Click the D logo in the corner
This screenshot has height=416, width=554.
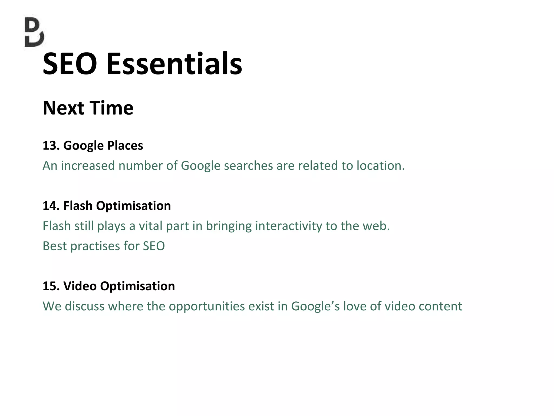tap(34, 32)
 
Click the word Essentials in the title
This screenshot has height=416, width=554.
tap(174, 64)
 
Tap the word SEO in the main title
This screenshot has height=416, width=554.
tap(70, 64)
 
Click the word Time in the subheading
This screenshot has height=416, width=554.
tap(111, 108)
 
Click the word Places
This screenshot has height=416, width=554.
tap(125, 145)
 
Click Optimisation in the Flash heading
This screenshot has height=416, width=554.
tap(133, 206)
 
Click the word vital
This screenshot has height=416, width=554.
tap(150, 226)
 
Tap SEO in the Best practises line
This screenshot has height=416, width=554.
tap(154, 246)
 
